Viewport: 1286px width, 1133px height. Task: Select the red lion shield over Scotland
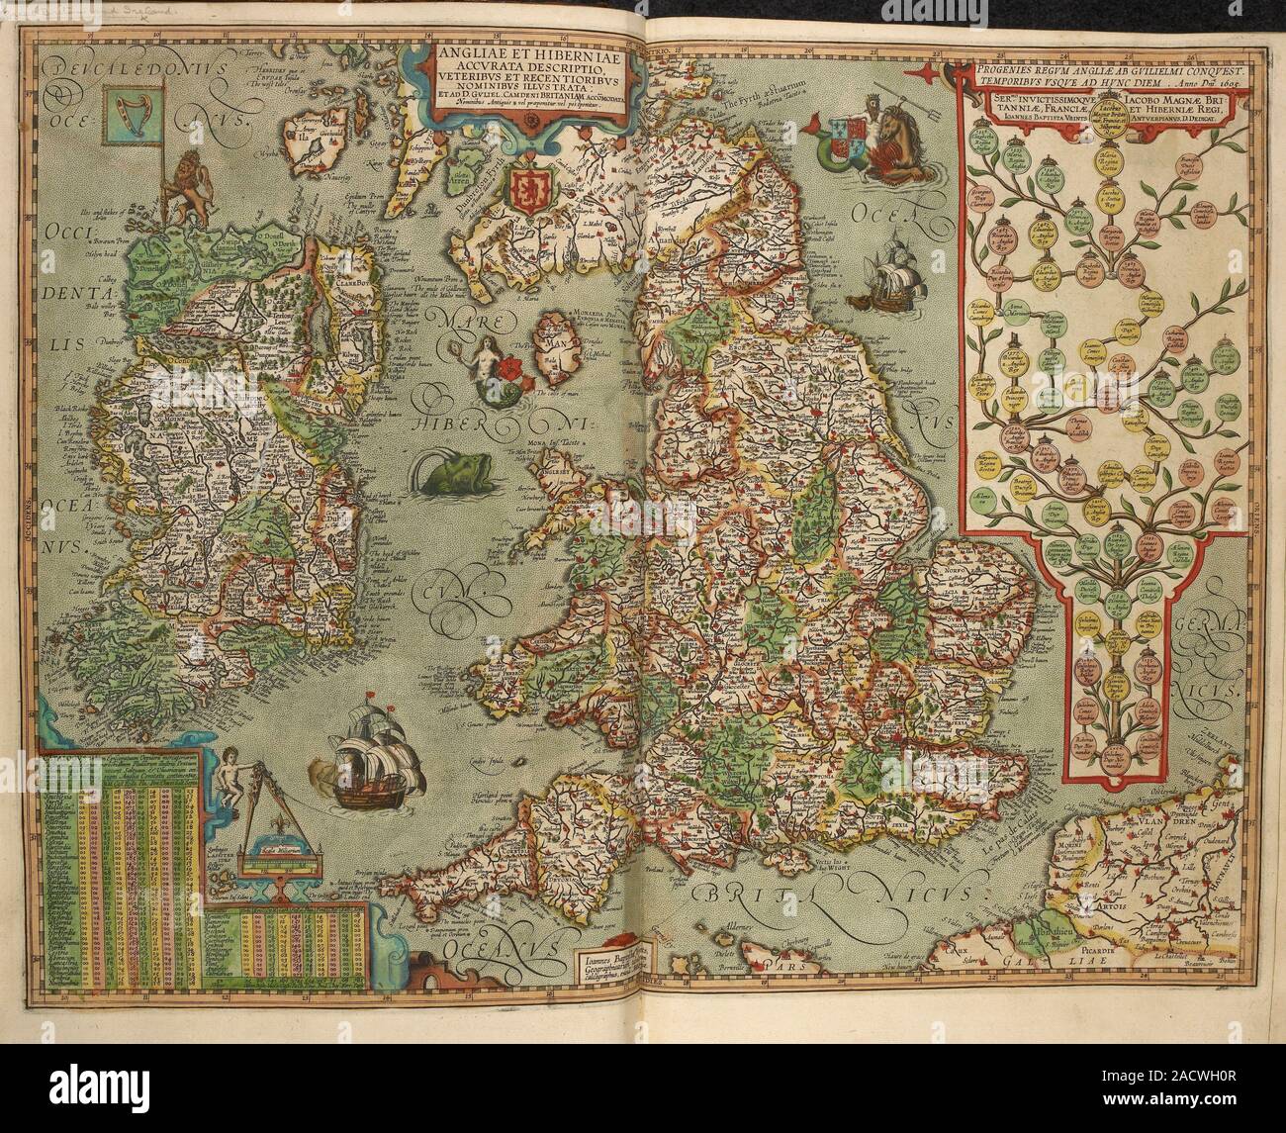click(x=529, y=189)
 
